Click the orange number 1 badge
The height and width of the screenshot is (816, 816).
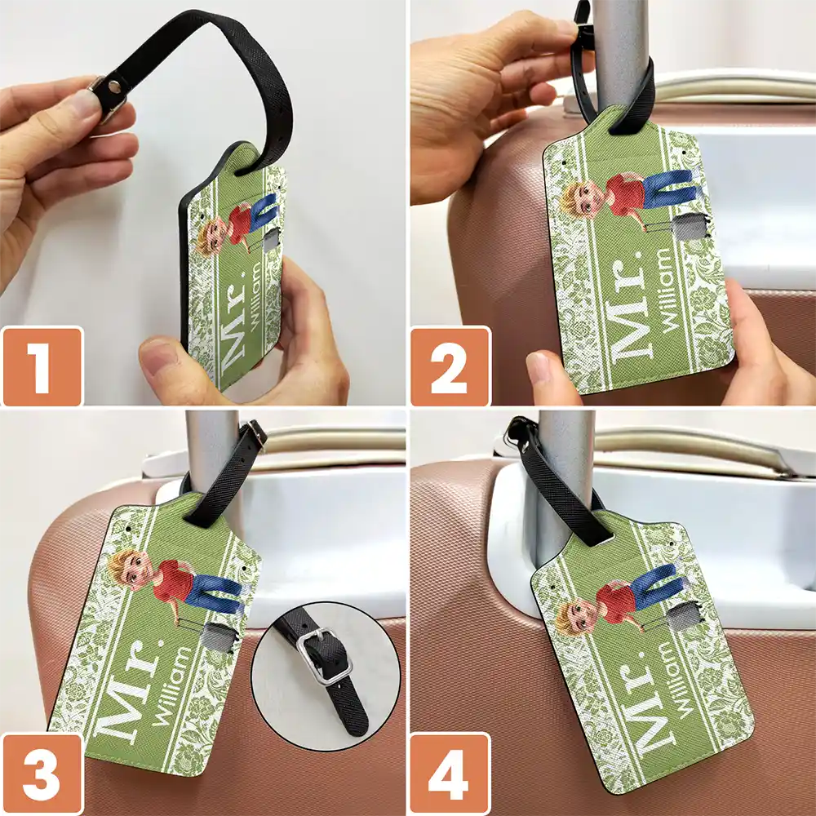coord(42,366)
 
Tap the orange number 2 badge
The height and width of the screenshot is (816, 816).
coord(450,366)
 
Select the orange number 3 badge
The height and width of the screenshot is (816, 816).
coord(42,774)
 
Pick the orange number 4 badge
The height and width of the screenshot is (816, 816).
coord(450,774)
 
